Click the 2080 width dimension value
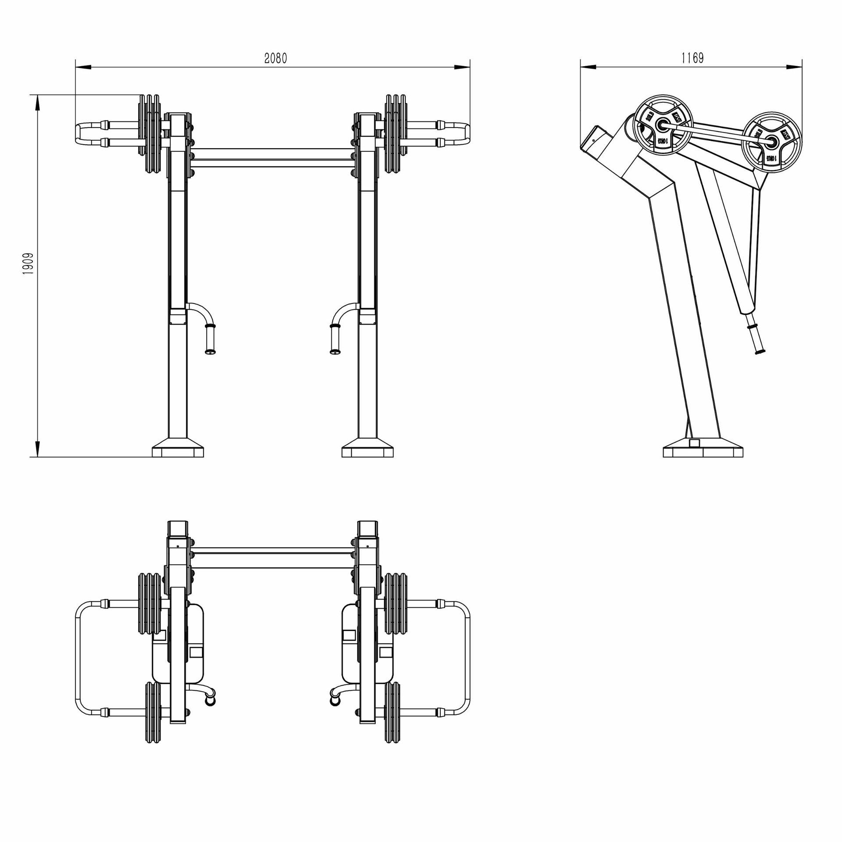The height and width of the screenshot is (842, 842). (x=275, y=58)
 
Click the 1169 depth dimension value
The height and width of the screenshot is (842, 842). (x=692, y=58)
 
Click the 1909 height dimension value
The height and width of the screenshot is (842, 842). (x=29, y=264)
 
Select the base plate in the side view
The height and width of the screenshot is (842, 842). (x=703, y=451)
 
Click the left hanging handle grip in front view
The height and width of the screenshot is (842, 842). (x=210, y=338)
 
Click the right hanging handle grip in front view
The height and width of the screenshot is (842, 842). (x=335, y=338)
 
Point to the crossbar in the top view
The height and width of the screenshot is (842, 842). (x=272, y=558)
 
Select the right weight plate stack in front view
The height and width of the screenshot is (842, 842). (x=396, y=134)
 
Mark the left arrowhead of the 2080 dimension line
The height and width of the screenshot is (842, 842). (x=83, y=67)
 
